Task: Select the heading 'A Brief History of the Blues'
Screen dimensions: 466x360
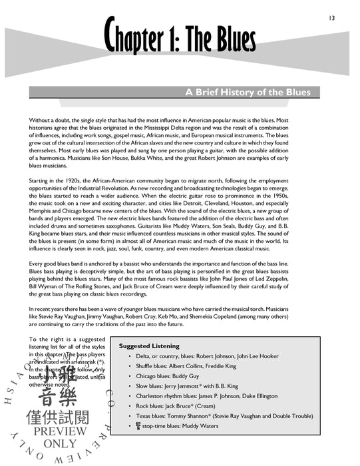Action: coord(252,93)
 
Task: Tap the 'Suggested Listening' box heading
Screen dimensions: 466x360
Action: coord(149,346)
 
